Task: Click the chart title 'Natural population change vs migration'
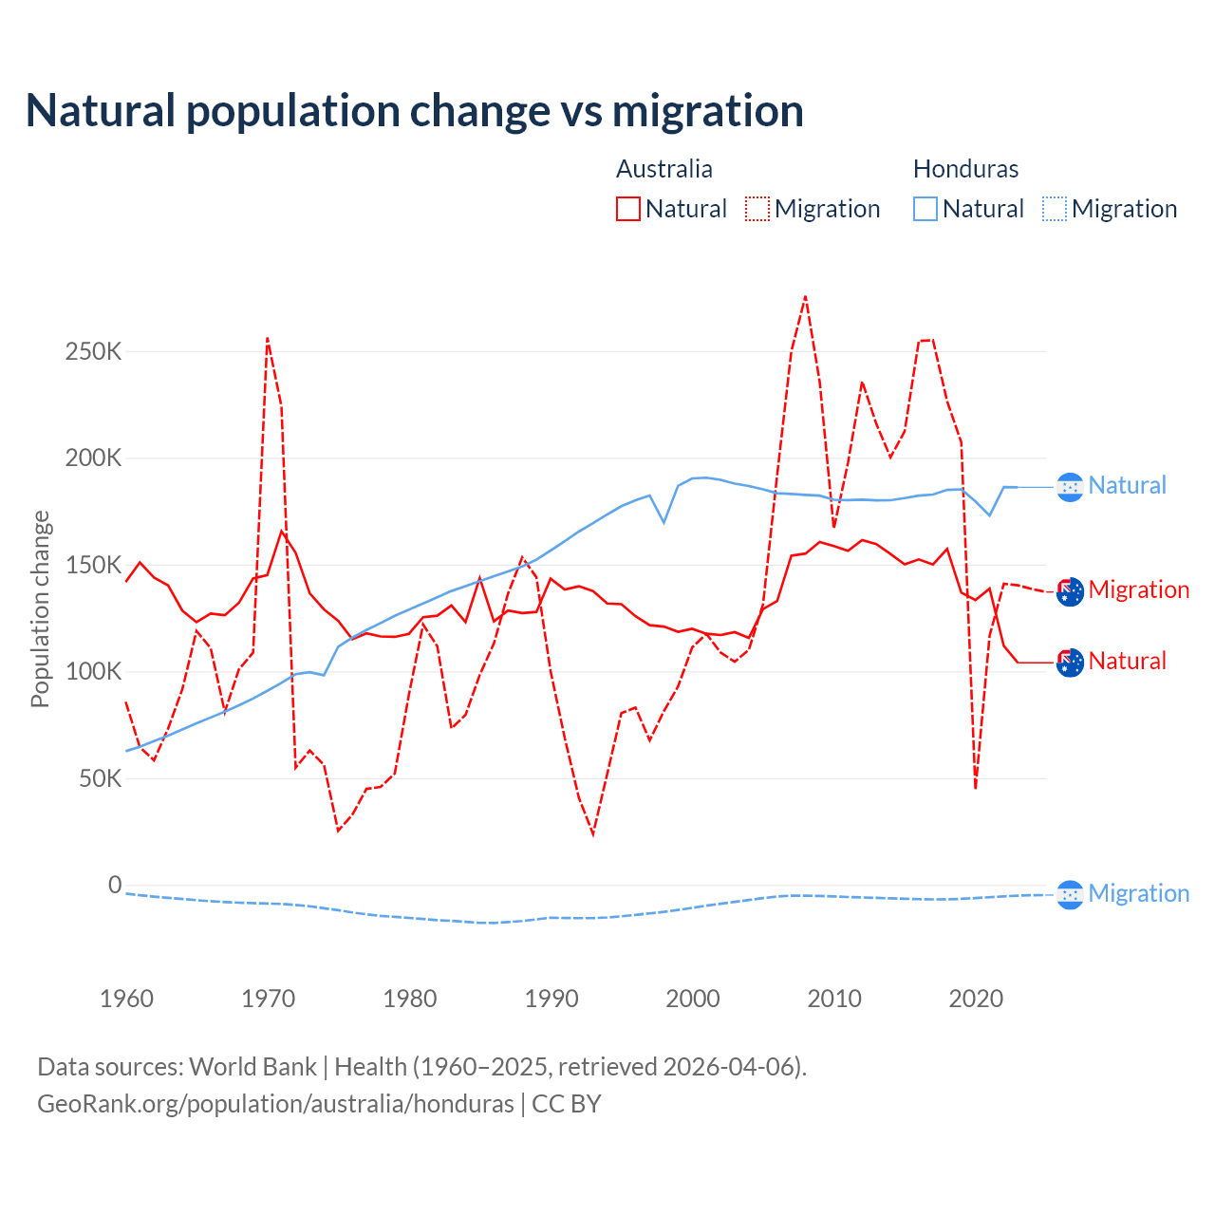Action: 415,110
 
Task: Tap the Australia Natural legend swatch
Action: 628,209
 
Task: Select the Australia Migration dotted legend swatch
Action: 757,209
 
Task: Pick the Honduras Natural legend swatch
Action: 925,209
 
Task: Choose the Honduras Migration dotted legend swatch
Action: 1055,209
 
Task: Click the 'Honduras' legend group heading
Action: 965,169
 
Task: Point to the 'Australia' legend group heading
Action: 664,169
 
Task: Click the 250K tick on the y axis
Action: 94,352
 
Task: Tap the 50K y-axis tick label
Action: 100,779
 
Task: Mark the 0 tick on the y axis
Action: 115,886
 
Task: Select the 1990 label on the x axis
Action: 551,999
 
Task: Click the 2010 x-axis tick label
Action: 834,999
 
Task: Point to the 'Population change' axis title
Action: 40,608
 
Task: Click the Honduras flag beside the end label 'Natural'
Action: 1070,487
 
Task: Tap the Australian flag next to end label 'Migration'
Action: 1070,591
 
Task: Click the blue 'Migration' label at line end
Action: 1138,893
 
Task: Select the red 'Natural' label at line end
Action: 1127,661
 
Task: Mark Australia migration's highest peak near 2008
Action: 805,297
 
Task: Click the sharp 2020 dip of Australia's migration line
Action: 976,788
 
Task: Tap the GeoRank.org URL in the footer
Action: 275,1104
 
